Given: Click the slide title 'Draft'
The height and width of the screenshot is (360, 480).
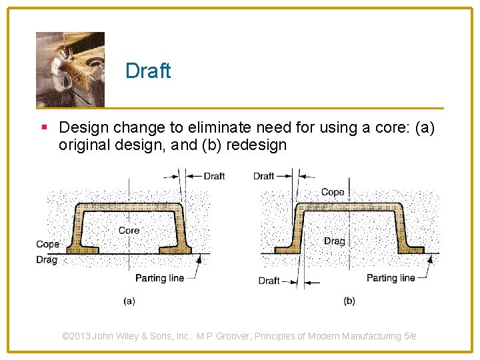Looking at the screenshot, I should pyautogui.click(x=148, y=71).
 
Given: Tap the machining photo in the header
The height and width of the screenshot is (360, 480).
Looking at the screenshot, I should pyautogui.click(x=70, y=69).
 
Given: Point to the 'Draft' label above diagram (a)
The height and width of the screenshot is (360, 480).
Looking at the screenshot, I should pyautogui.click(x=214, y=176).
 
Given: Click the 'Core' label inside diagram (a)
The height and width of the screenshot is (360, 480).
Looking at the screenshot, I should pyautogui.click(x=129, y=230).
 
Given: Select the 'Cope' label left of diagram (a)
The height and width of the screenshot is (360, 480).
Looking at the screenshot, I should pyautogui.click(x=47, y=245).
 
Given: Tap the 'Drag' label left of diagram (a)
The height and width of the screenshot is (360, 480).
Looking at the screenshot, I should pyautogui.click(x=47, y=260).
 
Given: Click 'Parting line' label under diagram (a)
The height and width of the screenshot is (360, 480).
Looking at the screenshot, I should pyautogui.click(x=159, y=277).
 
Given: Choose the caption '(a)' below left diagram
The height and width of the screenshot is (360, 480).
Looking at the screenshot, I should pyautogui.click(x=129, y=301).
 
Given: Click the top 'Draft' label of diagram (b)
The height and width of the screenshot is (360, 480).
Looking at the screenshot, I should pyautogui.click(x=263, y=176).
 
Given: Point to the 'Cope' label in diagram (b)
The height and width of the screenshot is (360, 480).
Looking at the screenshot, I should pyautogui.click(x=333, y=192).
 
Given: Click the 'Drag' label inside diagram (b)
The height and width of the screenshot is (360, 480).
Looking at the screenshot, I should pyautogui.click(x=334, y=241).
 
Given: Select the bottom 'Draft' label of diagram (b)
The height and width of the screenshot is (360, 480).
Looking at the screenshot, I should pyautogui.click(x=269, y=281).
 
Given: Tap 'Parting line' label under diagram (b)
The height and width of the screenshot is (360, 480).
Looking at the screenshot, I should pyautogui.click(x=391, y=277).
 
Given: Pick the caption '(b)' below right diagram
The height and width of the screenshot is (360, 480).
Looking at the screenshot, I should pyautogui.click(x=349, y=301).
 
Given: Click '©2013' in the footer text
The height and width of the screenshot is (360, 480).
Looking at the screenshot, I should pyautogui.click(x=77, y=336).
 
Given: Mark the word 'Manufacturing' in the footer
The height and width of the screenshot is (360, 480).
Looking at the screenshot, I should pyautogui.click(x=371, y=336).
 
